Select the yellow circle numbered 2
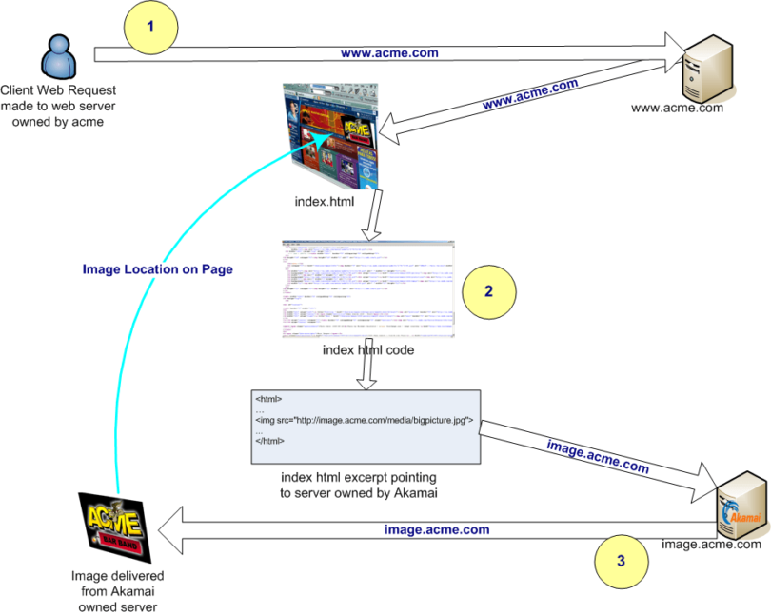point(488,290)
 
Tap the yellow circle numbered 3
point(621,561)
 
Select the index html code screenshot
point(367,290)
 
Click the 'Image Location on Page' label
point(157,269)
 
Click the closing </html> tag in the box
point(269,442)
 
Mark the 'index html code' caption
point(367,351)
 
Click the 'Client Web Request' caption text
point(58,105)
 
